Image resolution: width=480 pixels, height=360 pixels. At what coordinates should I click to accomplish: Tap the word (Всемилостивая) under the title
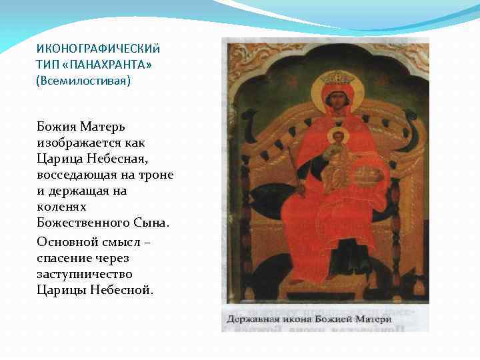tap(83, 81)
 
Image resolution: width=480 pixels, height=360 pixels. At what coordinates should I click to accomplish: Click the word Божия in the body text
tap(57, 127)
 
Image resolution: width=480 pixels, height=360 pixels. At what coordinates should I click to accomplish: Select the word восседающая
tap(77, 175)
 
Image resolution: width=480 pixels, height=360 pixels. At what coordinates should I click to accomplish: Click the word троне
tap(158, 175)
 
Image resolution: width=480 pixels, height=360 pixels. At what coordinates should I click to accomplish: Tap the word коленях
tap(62, 207)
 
